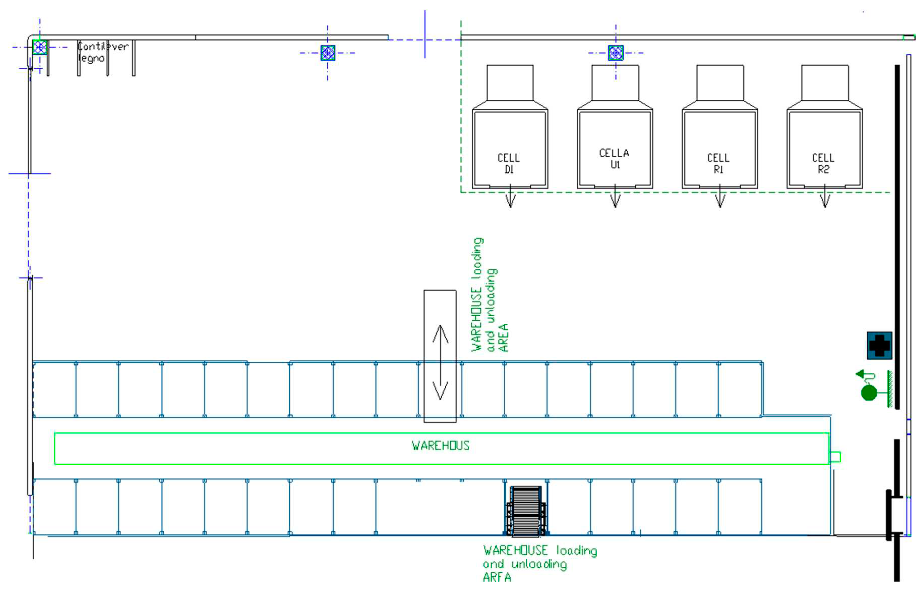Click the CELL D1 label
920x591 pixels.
pyautogui.click(x=508, y=163)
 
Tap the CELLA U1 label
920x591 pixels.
pyautogui.click(x=614, y=158)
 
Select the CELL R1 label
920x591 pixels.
pyautogui.click(x=718, y=163)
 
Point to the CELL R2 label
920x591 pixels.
pyautogui.click(x=823, y=163)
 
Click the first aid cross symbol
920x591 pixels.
pyautogui.click(x=879, y=345)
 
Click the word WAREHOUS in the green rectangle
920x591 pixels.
pyautogui.click(x=441, y=445)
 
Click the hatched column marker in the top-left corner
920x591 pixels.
pyautogui.click(x=40, y=47)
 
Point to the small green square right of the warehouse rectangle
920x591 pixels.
pyautogui.click(x=835, y=457)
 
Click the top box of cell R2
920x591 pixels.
pyautogui.click(x=825, y=82)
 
